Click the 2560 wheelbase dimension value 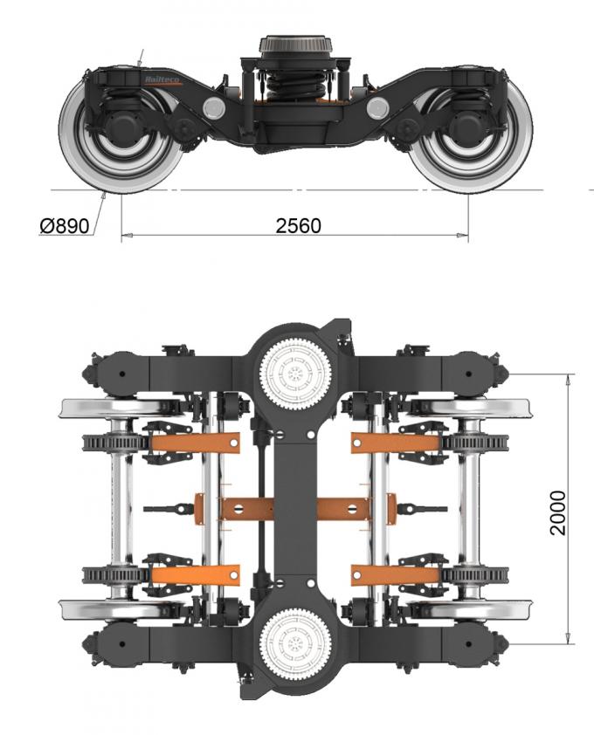click(298, 225)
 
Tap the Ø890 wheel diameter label click(65, 226)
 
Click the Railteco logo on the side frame click(163, 79)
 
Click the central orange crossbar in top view click(296, 508)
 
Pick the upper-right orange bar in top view click(396, 443)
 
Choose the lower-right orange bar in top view click(396, 575)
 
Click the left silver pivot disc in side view click(212, 108)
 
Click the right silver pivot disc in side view click(377, 108)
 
